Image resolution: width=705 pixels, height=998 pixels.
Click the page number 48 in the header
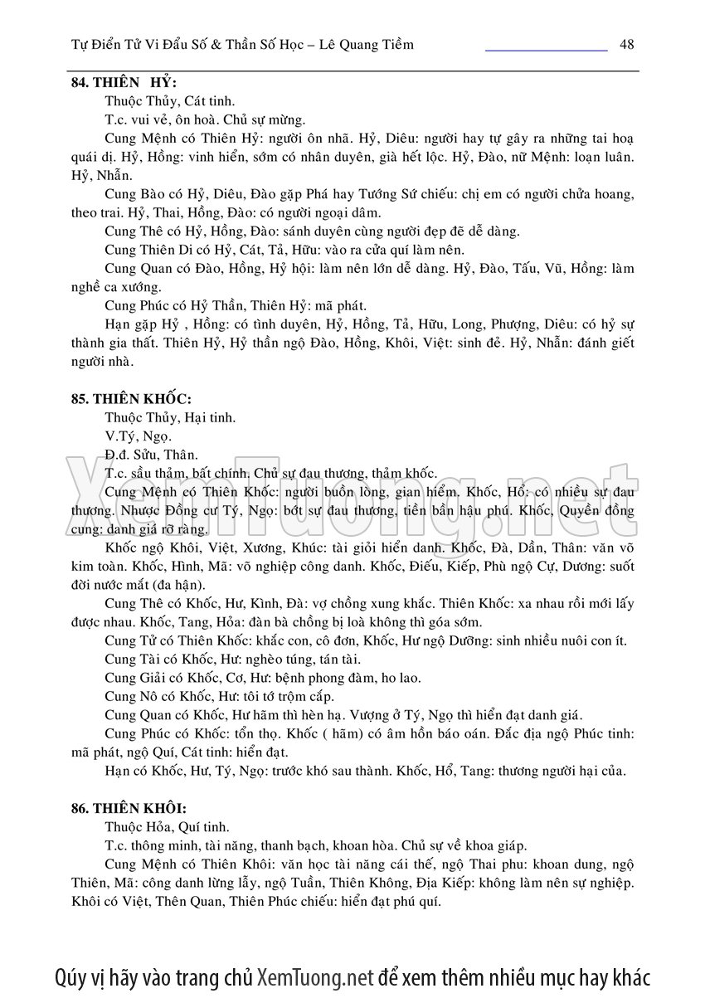[626, 45]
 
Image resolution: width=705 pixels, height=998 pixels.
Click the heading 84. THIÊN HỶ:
[124, 82]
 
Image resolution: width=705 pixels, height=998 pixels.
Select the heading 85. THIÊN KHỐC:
[131, 397]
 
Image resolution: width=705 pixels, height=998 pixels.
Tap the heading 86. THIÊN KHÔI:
[129, 807]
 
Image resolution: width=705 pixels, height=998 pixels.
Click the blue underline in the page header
[546, 51]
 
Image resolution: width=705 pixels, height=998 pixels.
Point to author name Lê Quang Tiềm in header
[369, 45]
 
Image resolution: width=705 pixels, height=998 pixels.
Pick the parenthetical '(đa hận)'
[188, 585]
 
